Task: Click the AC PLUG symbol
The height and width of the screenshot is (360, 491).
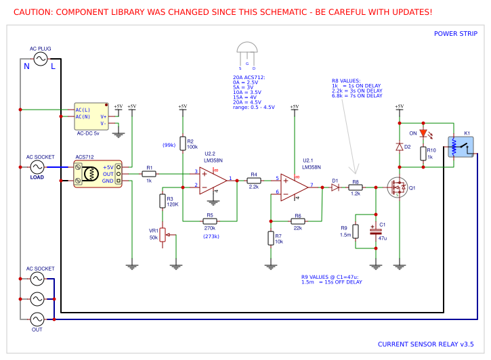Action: (40, 60)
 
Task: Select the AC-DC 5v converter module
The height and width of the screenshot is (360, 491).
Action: (91, 116)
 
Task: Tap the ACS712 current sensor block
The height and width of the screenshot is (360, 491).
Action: (98, 173)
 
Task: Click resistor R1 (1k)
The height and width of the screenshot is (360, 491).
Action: (150, 174)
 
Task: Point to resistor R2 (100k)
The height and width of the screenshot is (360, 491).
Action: (182, 143)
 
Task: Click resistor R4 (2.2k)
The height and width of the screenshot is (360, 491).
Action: (254, 181)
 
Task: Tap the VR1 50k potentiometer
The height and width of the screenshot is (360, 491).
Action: (162, 235)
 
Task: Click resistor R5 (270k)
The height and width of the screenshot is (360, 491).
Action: (210, 221)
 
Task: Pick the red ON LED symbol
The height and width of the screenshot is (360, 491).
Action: (423, 133)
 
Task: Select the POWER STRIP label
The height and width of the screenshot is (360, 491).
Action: (455, 34)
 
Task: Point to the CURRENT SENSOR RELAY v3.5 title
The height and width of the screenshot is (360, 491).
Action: (425, 344)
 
